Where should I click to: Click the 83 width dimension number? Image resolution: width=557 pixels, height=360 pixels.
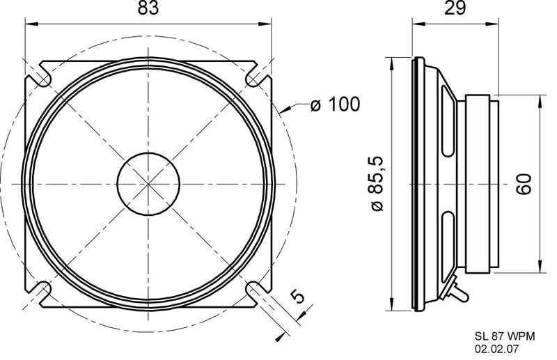148,9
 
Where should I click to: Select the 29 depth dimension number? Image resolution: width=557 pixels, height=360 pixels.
455,9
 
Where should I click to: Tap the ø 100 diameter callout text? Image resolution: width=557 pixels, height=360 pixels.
335,105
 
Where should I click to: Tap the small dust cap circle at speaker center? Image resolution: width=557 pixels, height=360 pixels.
148,184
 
